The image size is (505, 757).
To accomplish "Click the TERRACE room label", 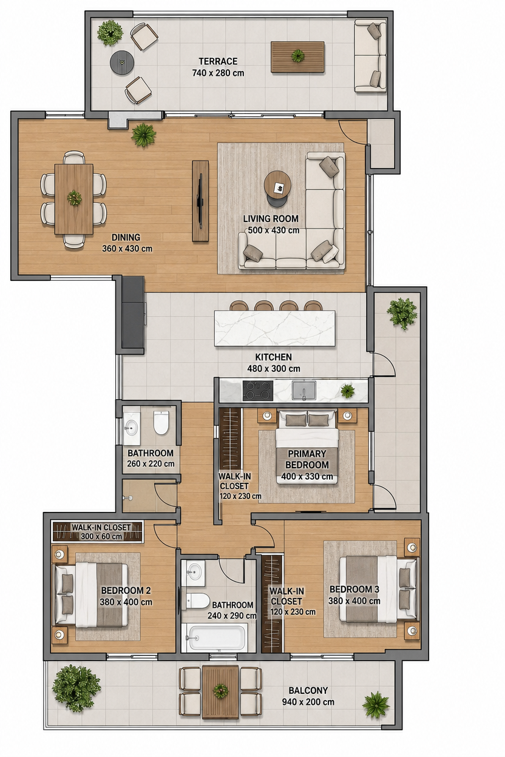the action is point(218,61).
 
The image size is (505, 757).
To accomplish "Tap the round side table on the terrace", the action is point(122,62).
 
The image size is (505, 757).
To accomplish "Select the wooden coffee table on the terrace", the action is point(297,57).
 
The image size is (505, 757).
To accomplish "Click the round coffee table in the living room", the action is point(277,188).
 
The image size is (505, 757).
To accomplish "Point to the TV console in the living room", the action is point(200,201).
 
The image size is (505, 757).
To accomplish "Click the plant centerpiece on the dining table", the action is point(75,198).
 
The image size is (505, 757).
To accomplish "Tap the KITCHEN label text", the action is point(273,357).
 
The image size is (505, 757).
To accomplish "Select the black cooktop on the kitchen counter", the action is point(258,391).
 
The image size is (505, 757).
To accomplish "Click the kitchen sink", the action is point(304,391).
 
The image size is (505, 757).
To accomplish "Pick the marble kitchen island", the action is point(275,328).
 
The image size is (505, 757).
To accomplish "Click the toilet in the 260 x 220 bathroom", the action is point(161,422).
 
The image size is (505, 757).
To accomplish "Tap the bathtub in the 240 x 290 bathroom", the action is point(217,638).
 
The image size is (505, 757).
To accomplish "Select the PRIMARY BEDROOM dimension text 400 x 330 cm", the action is point(307,477).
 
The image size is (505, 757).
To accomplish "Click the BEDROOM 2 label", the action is point(126,590).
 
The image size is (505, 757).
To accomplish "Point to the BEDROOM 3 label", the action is point(354,589).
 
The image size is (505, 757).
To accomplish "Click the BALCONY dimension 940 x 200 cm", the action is point(308,702).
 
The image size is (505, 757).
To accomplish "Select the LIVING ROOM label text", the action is point(271,218).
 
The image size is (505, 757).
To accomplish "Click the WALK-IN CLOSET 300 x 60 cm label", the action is point(101,531).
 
